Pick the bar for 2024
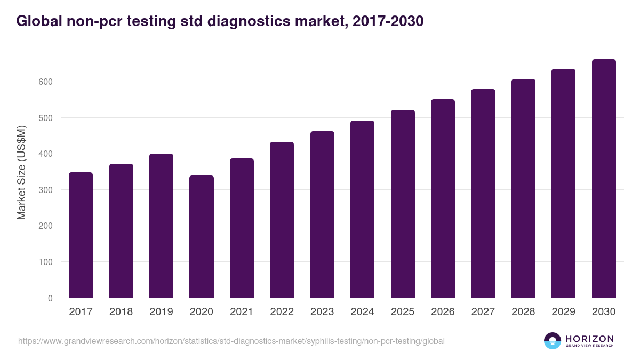(362, 209)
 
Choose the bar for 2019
(161, 226)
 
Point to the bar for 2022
(282, 220)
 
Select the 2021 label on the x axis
(242, 312)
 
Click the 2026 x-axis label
(443, 312)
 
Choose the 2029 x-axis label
(563, 312)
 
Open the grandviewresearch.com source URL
(231, 341)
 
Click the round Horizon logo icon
(552, 341)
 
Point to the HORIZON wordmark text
(589, 339)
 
